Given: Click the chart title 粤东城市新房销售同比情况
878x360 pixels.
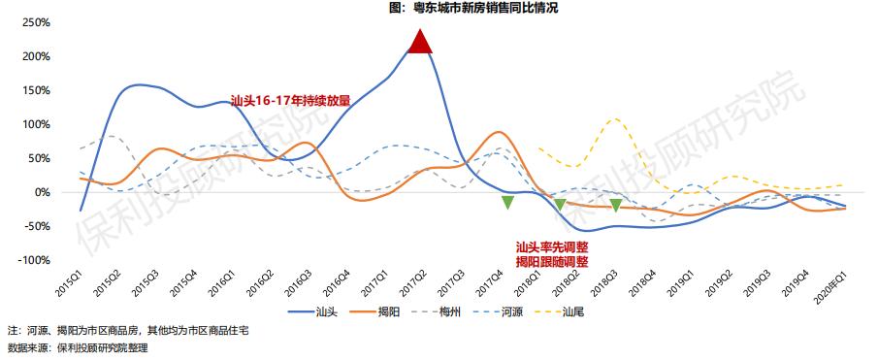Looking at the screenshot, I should (x=473, y=8).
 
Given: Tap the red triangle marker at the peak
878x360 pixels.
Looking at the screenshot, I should (x=419, y=42).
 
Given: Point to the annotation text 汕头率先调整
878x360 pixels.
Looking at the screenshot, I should (x=551, y=247).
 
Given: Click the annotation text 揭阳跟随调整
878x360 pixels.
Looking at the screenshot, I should (x=551, y=261).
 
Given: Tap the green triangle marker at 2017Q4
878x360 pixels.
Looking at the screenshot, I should (x=507, y=202).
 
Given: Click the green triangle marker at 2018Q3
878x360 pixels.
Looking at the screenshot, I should (x=615, y=205).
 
